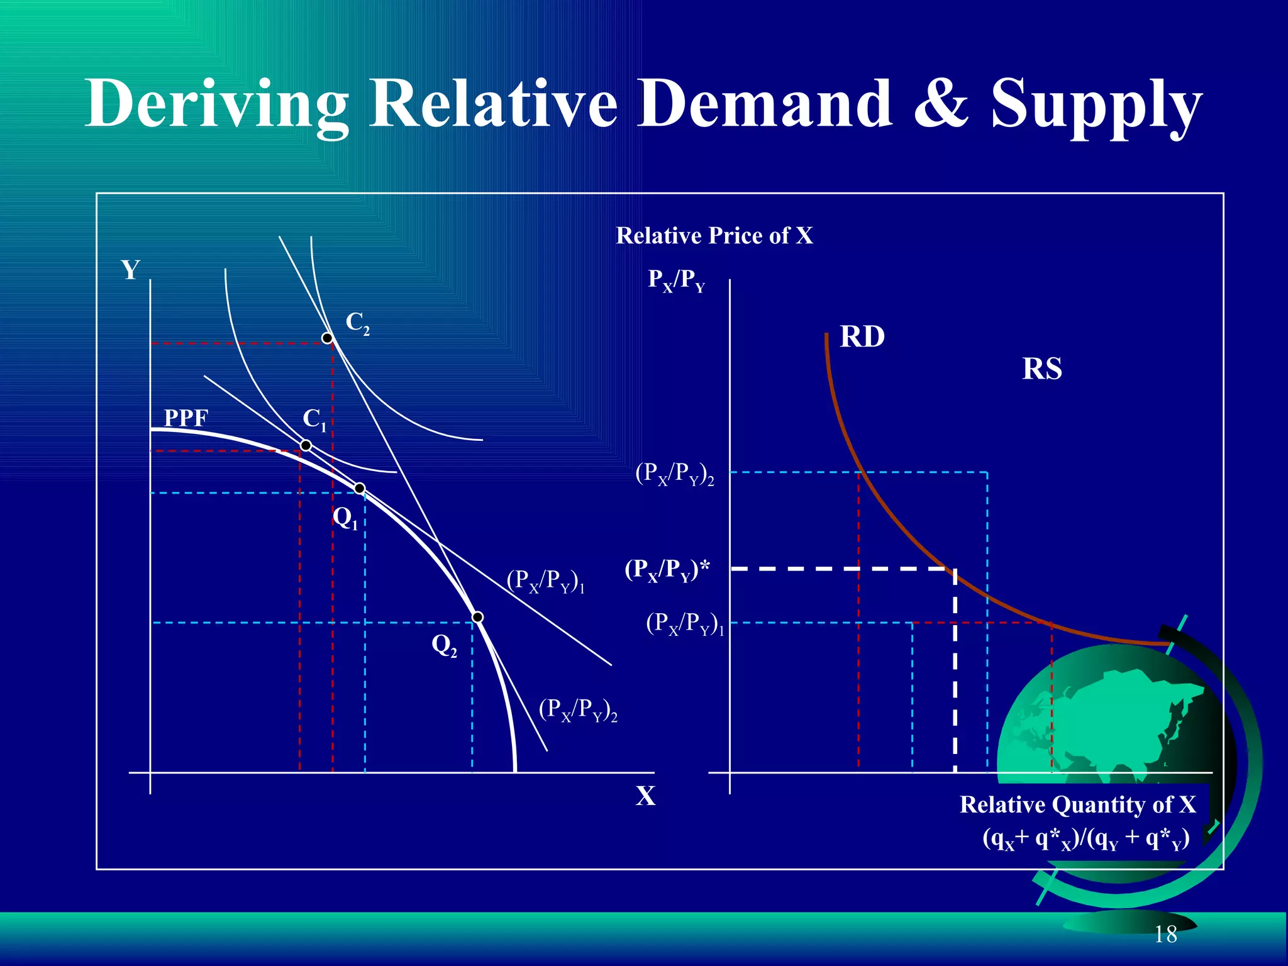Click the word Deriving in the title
click(217, 104)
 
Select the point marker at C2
click(327, 338)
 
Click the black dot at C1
click(306, 446)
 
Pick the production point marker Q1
click(359, 489)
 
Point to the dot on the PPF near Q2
click(478, 617)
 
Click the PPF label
click(186, 418)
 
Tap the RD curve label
click(862, 337)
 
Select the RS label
click(1041, 369)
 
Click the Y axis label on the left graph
click(130, 270)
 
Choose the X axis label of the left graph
click(645, 796)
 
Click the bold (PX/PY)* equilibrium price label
click(667, 570)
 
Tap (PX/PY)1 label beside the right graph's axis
click(685, 624)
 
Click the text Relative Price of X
click(714, 236)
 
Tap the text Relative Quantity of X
click(1077, 805)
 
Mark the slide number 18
click(1165, 935)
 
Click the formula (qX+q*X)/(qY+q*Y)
click(1085, 839)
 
